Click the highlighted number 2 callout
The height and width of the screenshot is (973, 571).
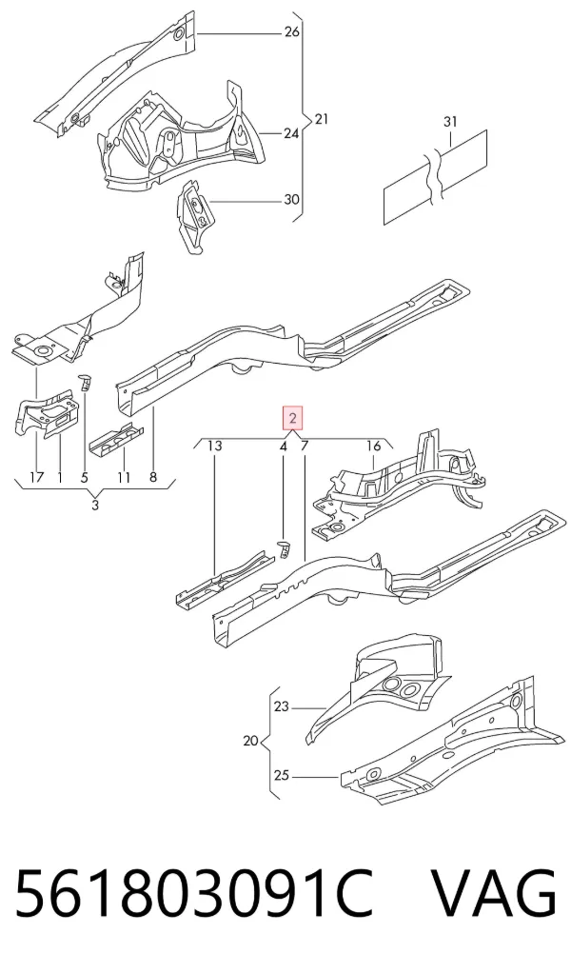click(292, 418)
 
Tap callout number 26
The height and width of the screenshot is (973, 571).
click(292, 31)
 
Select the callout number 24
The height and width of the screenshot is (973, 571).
click(291, 133)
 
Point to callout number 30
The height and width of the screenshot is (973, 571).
click(291, 199)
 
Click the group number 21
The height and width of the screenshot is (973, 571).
click(321, 118)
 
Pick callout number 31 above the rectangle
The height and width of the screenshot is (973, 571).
click(450, 122)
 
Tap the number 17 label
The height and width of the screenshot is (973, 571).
click(36, 477)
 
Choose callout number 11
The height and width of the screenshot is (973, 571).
click(124, 477)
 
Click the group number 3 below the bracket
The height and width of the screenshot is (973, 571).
click(95, 506)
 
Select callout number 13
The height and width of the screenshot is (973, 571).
click(214, 446)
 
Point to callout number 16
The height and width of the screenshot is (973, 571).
click(373, 446)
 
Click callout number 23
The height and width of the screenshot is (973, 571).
click(282, 706)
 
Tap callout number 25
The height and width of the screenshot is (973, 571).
click(282, 775)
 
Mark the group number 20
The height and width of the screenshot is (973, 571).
click(250, 741)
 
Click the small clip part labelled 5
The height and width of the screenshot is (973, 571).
click(85, 383)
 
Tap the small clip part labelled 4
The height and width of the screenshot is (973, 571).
click(284, 547)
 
